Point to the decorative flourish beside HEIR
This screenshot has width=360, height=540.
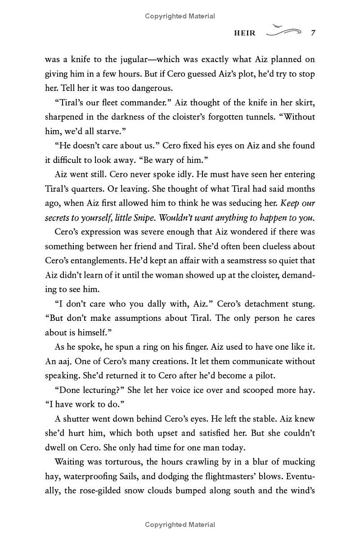click(x=283, y=31)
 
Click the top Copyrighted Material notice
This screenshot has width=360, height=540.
click(x=180, y=16)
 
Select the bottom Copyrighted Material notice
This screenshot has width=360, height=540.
click(x=180, y=524)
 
